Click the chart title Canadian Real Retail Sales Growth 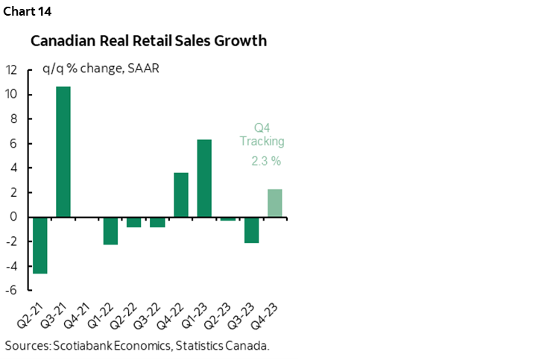point(149,42)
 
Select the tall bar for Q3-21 point(63,152)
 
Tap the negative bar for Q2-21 point(40,245)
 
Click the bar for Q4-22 point(181,195)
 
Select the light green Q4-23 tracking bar point(275,203)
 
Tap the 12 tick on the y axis point(12,70)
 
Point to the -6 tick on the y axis point(12,290)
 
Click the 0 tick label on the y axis point(14,217)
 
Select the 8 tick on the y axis point(14,119)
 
